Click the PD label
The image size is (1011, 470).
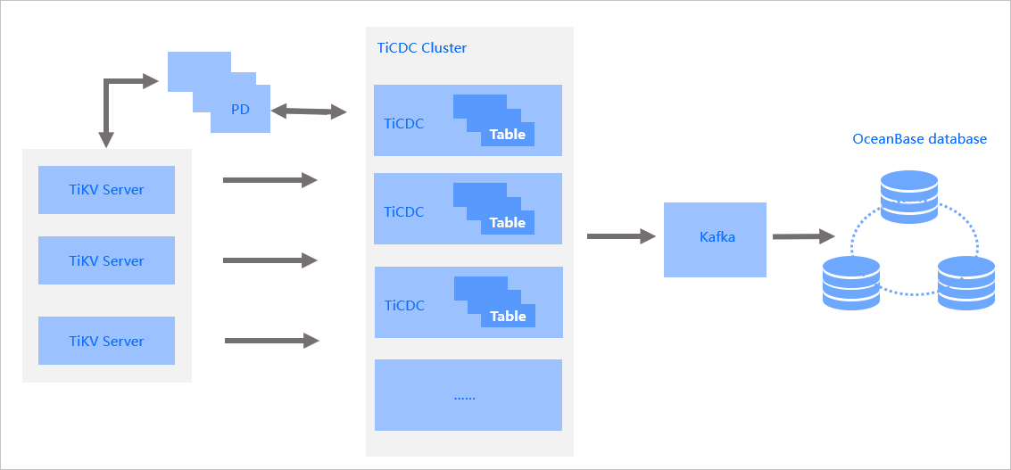point(240,110)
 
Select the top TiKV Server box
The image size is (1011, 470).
point(106,189)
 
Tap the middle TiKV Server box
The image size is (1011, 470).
point(106,260)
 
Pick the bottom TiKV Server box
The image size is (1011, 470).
point(106,341)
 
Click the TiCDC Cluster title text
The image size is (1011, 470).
point(421,47)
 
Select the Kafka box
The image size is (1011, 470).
point(715,239)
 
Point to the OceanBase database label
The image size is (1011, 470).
point(919,139)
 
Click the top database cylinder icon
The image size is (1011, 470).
point(908,196)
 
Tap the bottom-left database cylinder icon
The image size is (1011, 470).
point(851,283)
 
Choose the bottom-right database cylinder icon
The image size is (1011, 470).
point(965,283)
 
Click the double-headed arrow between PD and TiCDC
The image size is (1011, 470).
point(309,111)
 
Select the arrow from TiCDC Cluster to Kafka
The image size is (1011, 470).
point(621,236)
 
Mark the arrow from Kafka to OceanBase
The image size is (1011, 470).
point(803,236)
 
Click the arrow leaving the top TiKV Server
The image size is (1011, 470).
point(269,180)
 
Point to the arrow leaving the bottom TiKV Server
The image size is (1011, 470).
point(271,341)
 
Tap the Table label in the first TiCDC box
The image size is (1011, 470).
point(507,135)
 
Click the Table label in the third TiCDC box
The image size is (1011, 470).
point(508,316)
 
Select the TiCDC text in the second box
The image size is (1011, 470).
point(404,211)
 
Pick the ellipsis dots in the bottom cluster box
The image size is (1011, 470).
point(464,396)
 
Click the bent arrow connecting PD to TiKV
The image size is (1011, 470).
point(107,98)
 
